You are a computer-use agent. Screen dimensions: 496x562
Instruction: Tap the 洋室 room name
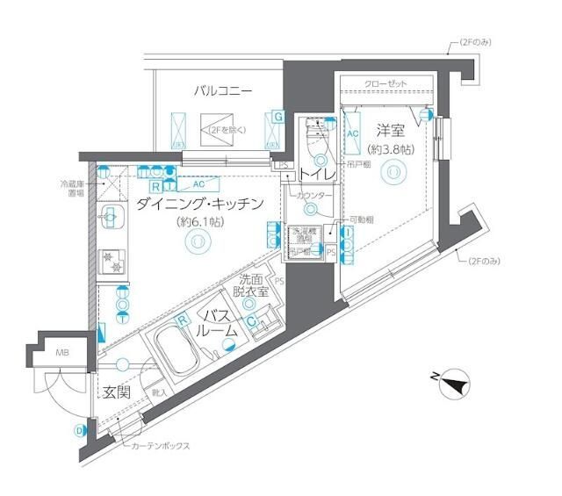click(x=391, y=130)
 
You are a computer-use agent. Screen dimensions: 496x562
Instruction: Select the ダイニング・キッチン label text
click(x=200, y=204)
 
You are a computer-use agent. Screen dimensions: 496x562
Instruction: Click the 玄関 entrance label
click(x=117, y=392)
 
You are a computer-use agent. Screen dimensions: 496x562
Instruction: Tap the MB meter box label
click(x=61, y=354)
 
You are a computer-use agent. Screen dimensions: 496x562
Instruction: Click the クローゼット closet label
click(x=386, y=83)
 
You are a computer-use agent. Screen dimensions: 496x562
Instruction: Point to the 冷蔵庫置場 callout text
click(x=72, y=189)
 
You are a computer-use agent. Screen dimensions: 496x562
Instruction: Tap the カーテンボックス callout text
click(x=161, y=446)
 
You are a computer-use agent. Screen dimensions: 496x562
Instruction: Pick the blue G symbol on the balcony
click(x=277, y=117)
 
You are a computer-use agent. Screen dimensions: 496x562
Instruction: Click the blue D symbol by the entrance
click(x=79, y=430)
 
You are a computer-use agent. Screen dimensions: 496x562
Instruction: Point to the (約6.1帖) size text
click(x=199, y=222)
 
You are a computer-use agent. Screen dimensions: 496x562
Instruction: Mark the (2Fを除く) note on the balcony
click(x=227, y=130)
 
